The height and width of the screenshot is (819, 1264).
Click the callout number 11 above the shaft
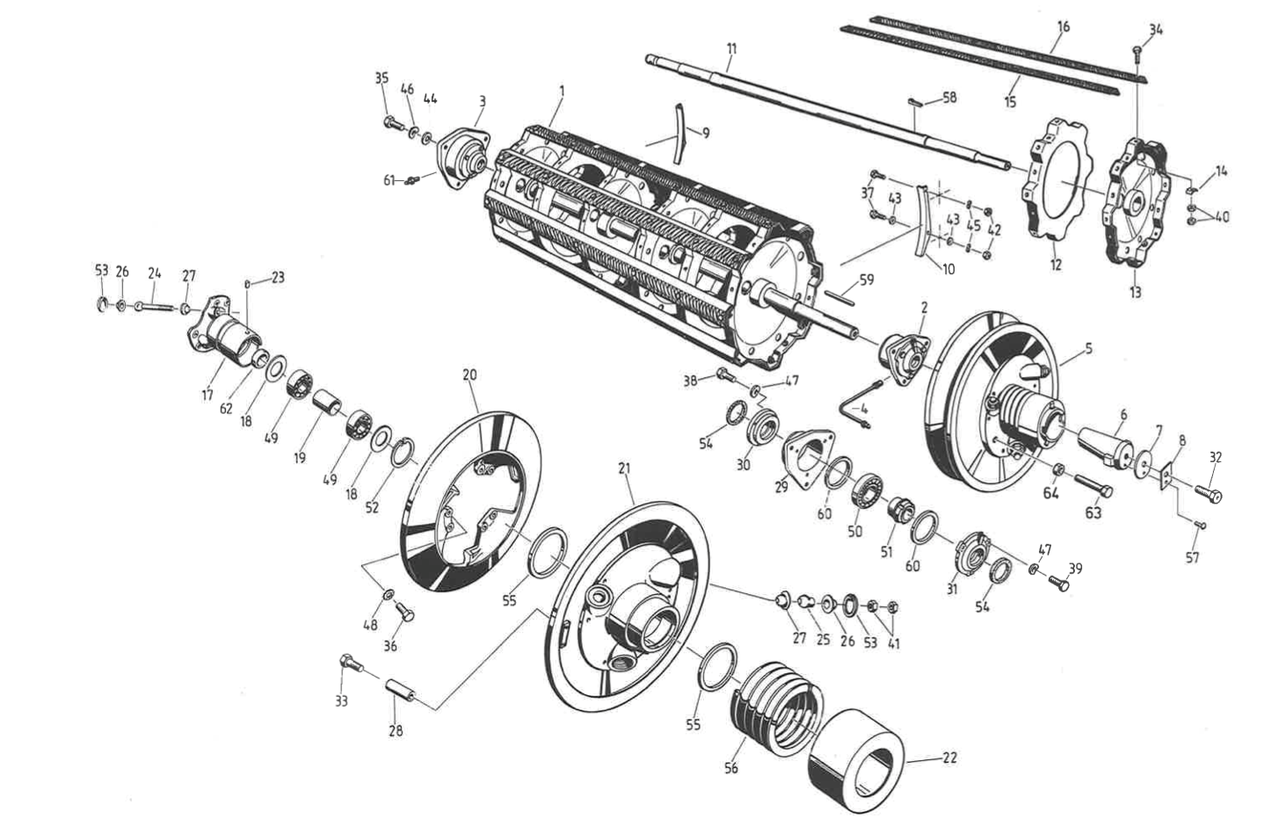coord(731,49)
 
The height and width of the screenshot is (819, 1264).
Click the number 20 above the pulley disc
coord(469,375)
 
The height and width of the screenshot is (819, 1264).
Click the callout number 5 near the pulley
coord(1089,348)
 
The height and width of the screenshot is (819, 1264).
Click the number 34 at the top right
coord(1155,29)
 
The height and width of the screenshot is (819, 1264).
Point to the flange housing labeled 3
coord(464,153)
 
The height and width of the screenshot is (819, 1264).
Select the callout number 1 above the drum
coord(563,90)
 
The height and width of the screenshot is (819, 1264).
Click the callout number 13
coord(1135,292)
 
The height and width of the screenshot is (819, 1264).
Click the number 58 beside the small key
coord(949,97)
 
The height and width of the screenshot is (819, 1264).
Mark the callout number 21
coord(625,468)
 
